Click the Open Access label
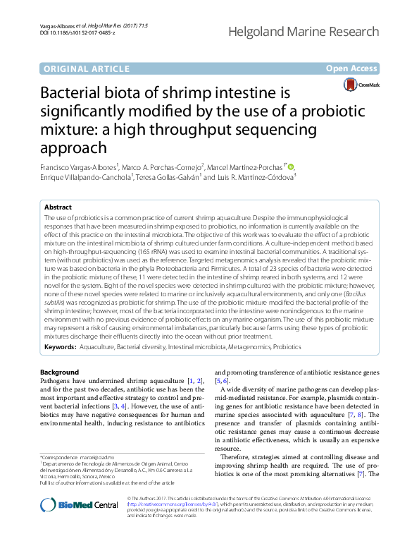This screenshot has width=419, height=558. pos(352,68)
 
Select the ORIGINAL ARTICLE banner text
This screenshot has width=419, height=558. pos(87,68)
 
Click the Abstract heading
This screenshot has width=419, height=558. pos(58,208)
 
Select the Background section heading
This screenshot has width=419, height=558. pos(59,372)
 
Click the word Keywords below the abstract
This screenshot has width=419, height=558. pos(60,347)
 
